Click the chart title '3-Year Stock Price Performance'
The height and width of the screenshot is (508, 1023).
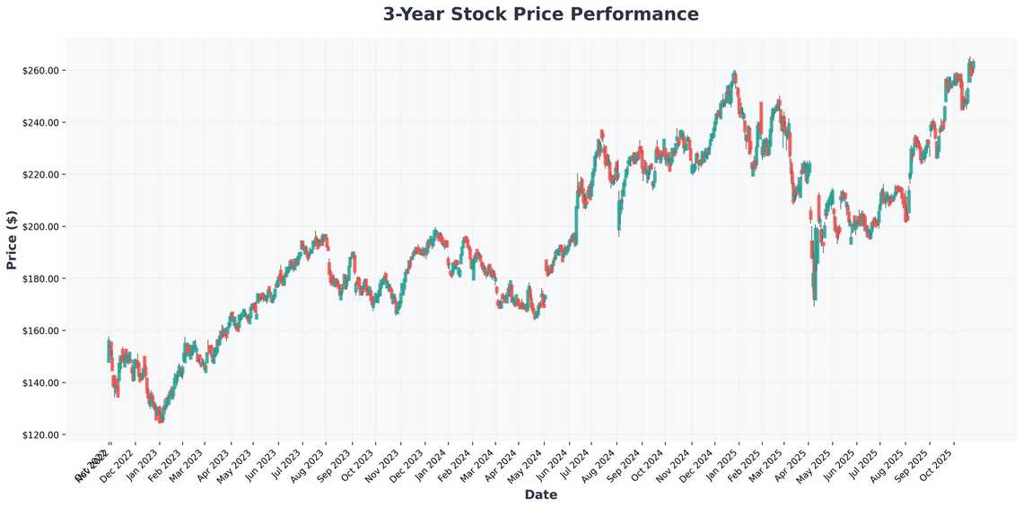540,14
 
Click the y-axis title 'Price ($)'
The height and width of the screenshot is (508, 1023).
12,241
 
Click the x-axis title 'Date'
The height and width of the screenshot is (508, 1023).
540,495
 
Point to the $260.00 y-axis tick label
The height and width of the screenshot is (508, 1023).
39,71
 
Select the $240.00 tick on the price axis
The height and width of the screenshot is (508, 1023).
39,123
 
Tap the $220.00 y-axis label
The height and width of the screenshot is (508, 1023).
39,175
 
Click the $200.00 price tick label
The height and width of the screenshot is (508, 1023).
39,227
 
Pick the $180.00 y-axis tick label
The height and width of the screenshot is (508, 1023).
39,279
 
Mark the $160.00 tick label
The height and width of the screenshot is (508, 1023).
39,331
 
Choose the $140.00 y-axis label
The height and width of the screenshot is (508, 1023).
39,383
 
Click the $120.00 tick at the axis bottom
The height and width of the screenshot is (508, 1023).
39,435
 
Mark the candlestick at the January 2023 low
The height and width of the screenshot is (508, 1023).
161,416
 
